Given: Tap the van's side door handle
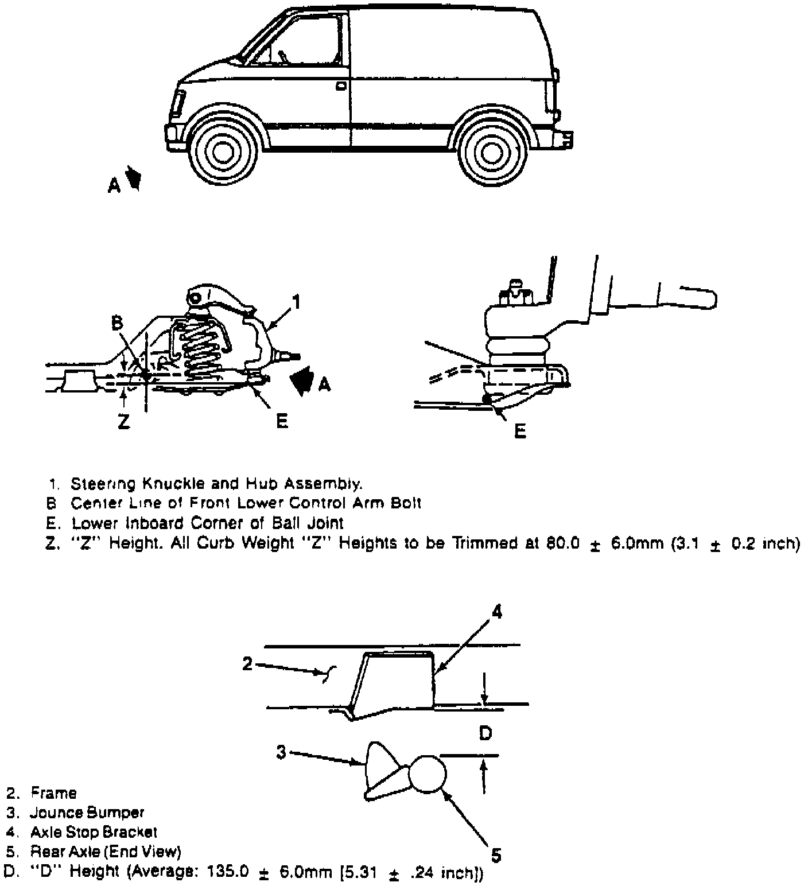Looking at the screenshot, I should click(341, 86).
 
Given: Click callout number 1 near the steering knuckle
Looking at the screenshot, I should click(296, 301).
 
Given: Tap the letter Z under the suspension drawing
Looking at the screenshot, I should click(123, 422).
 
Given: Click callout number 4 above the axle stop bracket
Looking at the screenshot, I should click(496, 612).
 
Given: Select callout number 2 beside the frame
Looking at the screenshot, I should click(247, 664).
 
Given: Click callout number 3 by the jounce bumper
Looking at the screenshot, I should click(281, 751).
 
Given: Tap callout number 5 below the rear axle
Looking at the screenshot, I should click(496, 855).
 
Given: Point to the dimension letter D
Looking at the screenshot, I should click(485, 733).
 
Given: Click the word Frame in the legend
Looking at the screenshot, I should click(53, 793).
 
